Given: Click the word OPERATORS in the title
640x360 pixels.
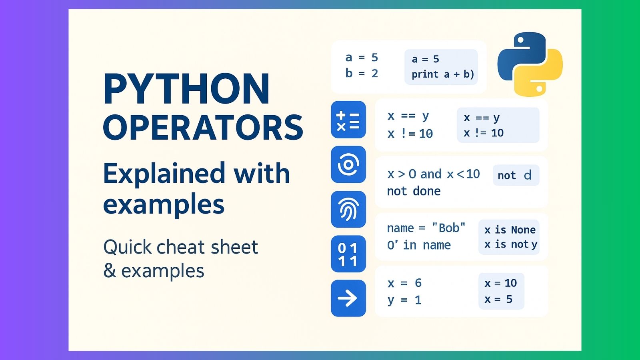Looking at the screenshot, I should (x=203, y=128).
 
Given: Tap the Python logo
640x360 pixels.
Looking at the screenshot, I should (x=530, y=64).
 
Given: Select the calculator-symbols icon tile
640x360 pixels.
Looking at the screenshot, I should (x=348, y=120).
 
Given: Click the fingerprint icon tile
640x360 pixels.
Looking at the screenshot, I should (x=348, y=209).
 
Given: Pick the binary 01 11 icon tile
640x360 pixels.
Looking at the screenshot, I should (x=348, y=254).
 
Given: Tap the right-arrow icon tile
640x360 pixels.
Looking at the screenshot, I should (x=348, y=298).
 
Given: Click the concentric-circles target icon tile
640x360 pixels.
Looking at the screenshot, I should (x=348, y=164).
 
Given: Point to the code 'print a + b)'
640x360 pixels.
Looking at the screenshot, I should (x=442, y=74).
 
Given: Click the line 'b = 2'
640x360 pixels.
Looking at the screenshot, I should (x=362, y=74).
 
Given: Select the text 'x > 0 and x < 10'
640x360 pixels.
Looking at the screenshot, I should (x=433, y=174).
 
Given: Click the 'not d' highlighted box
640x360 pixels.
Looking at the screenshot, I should (x=516, y=175).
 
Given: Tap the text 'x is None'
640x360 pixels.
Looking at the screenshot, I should (x=510, y=230).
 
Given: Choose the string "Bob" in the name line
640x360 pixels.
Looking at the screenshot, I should (x=448, y=228).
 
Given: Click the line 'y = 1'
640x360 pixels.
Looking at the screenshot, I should (x=404, y=300).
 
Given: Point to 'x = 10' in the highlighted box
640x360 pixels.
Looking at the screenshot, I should (x=500, y=283).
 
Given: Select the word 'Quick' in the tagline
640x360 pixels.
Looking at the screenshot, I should (x=127, y=247).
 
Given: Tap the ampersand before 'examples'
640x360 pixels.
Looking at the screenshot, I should (x=110, y=271).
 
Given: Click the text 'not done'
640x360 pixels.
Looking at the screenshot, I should (x=414, y=191).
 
